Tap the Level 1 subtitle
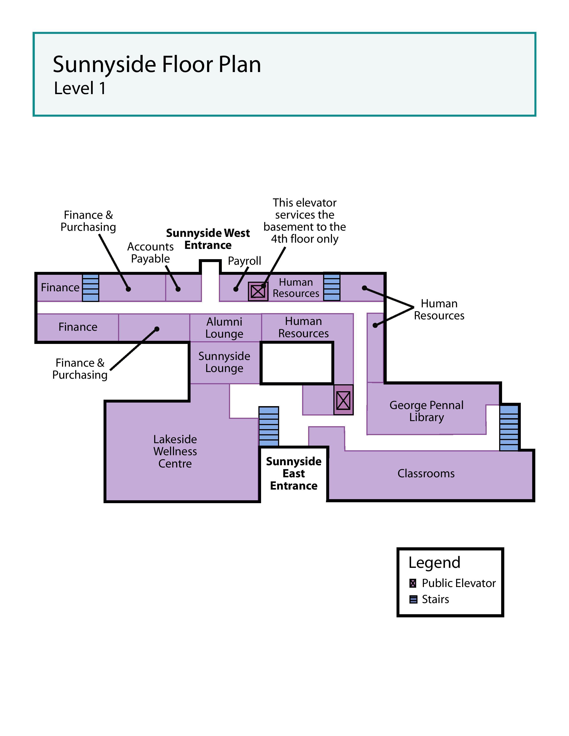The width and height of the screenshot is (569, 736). click(x=80, y=88)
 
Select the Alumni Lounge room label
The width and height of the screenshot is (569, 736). click(x=224, y=328)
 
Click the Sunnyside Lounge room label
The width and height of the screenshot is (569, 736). click(x=224, y=362)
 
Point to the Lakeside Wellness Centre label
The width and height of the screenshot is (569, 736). click(x=175, y=451)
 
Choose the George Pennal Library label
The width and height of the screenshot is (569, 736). click(x=426, y=411)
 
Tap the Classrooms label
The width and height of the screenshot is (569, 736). click(x=426, y=473)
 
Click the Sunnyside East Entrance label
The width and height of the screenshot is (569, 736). click(x=294, y=473)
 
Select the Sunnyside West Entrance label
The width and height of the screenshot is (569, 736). click(x=208, y=239)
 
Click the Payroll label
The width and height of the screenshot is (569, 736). click(x=244, y=261)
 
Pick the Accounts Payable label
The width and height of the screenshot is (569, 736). click(x=150, y=252)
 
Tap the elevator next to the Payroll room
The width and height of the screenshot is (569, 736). click(x=258, y=291)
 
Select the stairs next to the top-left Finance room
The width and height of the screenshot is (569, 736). click(x=91, y=287)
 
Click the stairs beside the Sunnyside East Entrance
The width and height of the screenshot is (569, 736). click(x=269, y=426)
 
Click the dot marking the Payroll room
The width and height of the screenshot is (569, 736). click(x=236, y=289)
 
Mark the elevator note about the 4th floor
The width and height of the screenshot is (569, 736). click(x=304, y=221)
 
